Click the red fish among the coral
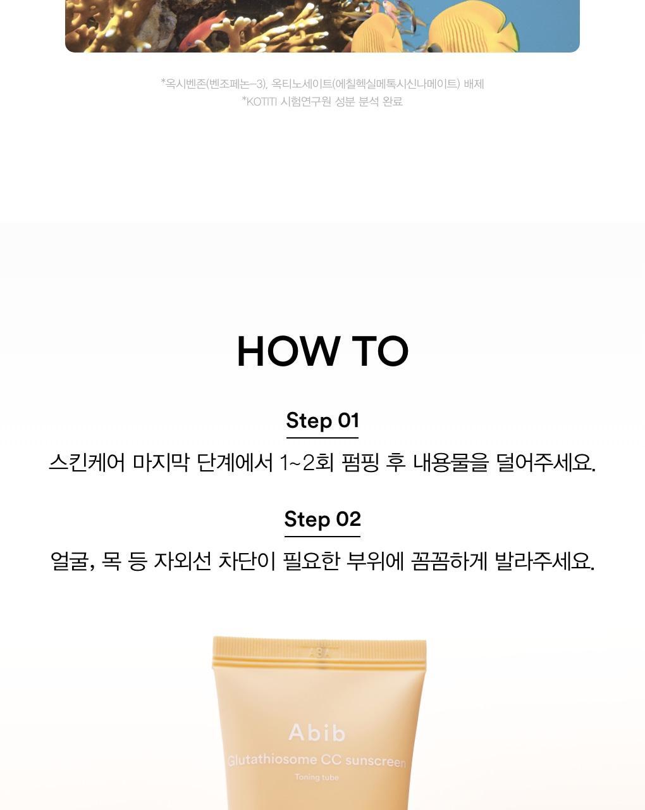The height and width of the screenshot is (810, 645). click(x=201, y=32)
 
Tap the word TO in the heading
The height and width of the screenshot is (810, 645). click(x=380, y=351)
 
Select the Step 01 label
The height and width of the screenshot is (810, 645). click(x=322, y=421)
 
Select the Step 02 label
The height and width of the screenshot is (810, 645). click(x=322, y=520)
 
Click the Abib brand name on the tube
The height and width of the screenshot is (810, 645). click(x=317, y=733)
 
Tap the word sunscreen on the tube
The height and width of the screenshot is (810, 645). click(x=376, y=761)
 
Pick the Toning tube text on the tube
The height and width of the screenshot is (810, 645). click(x=317, y=777)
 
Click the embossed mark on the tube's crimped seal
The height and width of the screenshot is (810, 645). click(x=320, y=653)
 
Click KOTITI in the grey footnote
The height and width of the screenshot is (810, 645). click(x=261, y=101)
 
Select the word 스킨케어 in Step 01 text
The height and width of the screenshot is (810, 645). click(x=87, y=463)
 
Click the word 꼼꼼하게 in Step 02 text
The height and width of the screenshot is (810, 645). click(x=449, y=561)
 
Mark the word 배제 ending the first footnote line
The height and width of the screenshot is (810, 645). click(x=474, y=84)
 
